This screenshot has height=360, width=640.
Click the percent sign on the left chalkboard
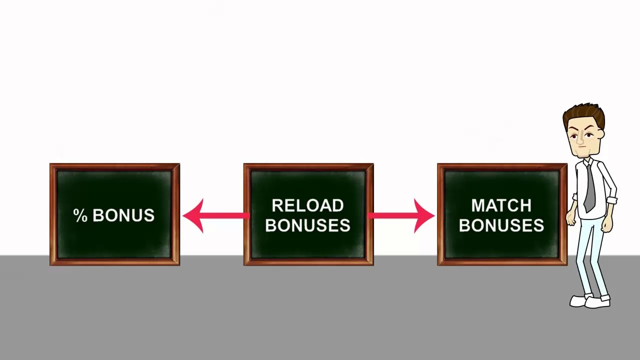coord(80,215)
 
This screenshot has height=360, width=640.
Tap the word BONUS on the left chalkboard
coord(123,215)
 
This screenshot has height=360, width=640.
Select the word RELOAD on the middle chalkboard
coord(307,205)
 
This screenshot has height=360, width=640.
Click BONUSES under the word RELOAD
coord(307,225)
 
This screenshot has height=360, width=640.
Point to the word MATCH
coord(501,205)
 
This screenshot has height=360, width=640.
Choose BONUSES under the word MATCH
coord(501,225)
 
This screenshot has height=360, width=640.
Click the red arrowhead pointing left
coord(193,216)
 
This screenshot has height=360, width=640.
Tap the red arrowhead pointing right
coord(423,216)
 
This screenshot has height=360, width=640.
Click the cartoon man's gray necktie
coord(590,187)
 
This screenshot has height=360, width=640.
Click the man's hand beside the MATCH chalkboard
coord(570,218)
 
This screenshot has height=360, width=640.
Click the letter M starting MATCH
coord(477,205)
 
